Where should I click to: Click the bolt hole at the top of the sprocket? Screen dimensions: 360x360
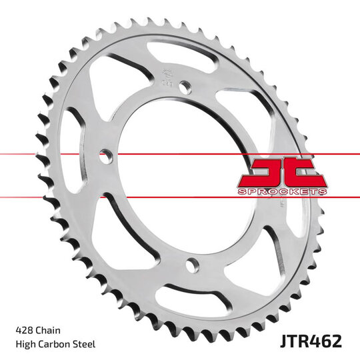(x=186, y=85)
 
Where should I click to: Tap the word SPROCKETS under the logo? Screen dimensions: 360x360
(x=281, y=191)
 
